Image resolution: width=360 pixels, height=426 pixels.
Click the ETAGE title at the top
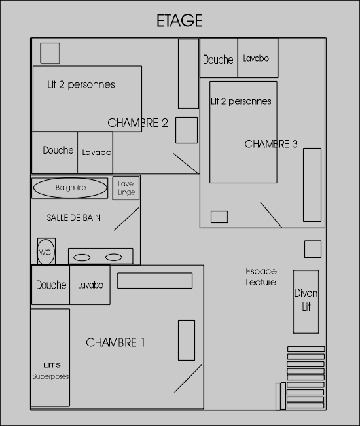pyautogui.click(x=179, y=20)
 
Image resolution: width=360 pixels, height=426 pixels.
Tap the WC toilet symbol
pyautogui.click(x=46, y=252)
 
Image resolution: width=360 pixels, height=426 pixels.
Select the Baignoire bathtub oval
pyautogui.click(x=70, y=188)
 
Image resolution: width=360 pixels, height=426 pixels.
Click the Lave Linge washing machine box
pyautogui.click(x=126, y=188)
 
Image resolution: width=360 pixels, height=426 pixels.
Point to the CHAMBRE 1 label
pyautogui.click(x=115, y=342)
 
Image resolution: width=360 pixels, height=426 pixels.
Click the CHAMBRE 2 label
pyautogui.click(x=137, y=123)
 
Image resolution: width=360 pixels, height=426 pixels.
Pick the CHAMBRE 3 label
pyautogui.click(x=271, y=144)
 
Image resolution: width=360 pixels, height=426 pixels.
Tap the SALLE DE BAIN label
pyautogui.click(x=73, y=217)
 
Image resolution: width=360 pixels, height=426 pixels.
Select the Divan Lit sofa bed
pyautogui.click(x=306, y=302)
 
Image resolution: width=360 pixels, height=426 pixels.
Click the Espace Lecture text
pyautogui.click(x=261, y=277)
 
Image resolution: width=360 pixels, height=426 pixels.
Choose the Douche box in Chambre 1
pyautogui.click(x=51, y=285)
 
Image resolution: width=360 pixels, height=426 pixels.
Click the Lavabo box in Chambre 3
pyautogui.click(x=258, y=58)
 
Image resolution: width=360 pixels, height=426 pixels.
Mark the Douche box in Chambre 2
pyautogui.click(x=54, y=152)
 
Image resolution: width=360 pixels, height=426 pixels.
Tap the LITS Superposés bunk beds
pyautogui.click(x=50, y=357)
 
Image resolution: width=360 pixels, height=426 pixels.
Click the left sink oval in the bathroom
pyautogui.click(x=82, y=257)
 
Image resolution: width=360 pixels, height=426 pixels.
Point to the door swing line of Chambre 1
pyautogui.click(x=189, y=378)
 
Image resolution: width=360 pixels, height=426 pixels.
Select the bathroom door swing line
pyautogui.click(x=126, y=219)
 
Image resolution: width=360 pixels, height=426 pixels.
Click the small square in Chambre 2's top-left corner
pyautogui.click(x=50, y=53)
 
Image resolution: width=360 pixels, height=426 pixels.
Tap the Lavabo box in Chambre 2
pyautogui.click(x=95, y=152)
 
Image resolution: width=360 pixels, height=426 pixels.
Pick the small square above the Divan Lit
pyautogui.click(x=313, y=249)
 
